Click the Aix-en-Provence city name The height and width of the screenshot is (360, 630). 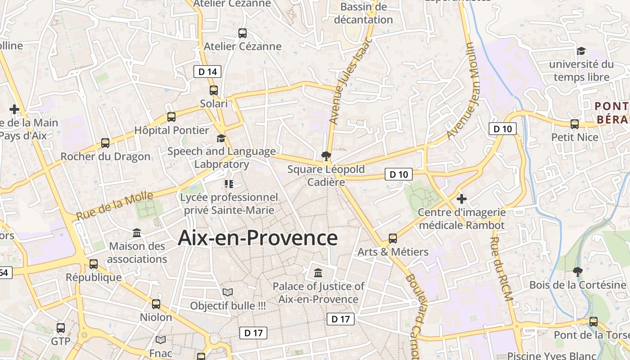click(x=257, y=238)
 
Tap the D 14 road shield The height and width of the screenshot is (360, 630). click(x=207, y=72)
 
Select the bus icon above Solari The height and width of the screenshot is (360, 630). click(x=214, y=90)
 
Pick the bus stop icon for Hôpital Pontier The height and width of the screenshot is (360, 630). click(x=171, y=117)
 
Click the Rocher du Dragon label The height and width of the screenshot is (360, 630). click(x=105, y=157)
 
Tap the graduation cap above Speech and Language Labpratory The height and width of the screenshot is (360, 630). click(x=221, y=138)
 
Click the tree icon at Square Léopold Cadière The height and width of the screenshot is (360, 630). click(x=326, y=156)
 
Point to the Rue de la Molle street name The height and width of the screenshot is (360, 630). click(x=114, y=206)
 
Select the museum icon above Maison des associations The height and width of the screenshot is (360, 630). click(x=137, y=233)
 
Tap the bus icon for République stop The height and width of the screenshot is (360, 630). click(x=94, y=264)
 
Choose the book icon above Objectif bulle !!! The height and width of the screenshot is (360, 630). click(x=228, y=292)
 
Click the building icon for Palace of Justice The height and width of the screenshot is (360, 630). click(x=318, y=273)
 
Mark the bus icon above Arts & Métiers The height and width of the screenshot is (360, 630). click(x=393, y=238)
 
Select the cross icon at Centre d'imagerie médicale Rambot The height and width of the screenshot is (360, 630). click(x=461, y=198)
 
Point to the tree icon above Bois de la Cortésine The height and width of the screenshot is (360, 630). click(x=577, y=271)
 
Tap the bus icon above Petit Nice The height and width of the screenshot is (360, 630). click(x=575, y=124)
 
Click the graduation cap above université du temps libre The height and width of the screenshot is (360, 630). click(x=581, y=51)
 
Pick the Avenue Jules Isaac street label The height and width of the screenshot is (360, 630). click(x=351, y=81)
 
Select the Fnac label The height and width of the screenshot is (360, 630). click(x=161, y=353)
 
